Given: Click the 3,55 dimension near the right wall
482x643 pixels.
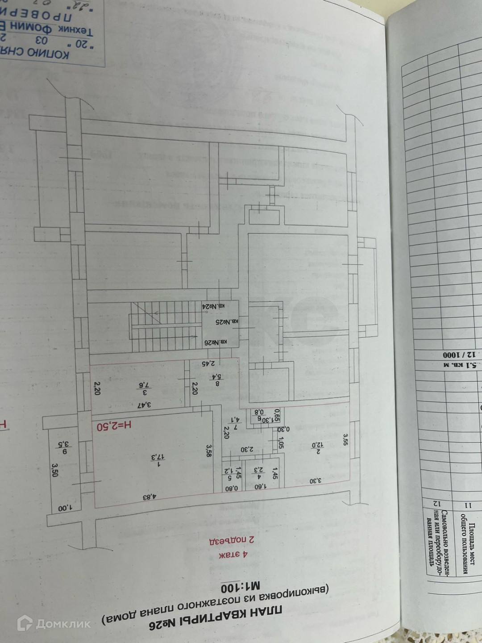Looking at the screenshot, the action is [345, 439].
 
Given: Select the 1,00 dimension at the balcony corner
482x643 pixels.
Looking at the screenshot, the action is [65, 508].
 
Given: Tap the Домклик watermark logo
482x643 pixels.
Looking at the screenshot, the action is [54, 623].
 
